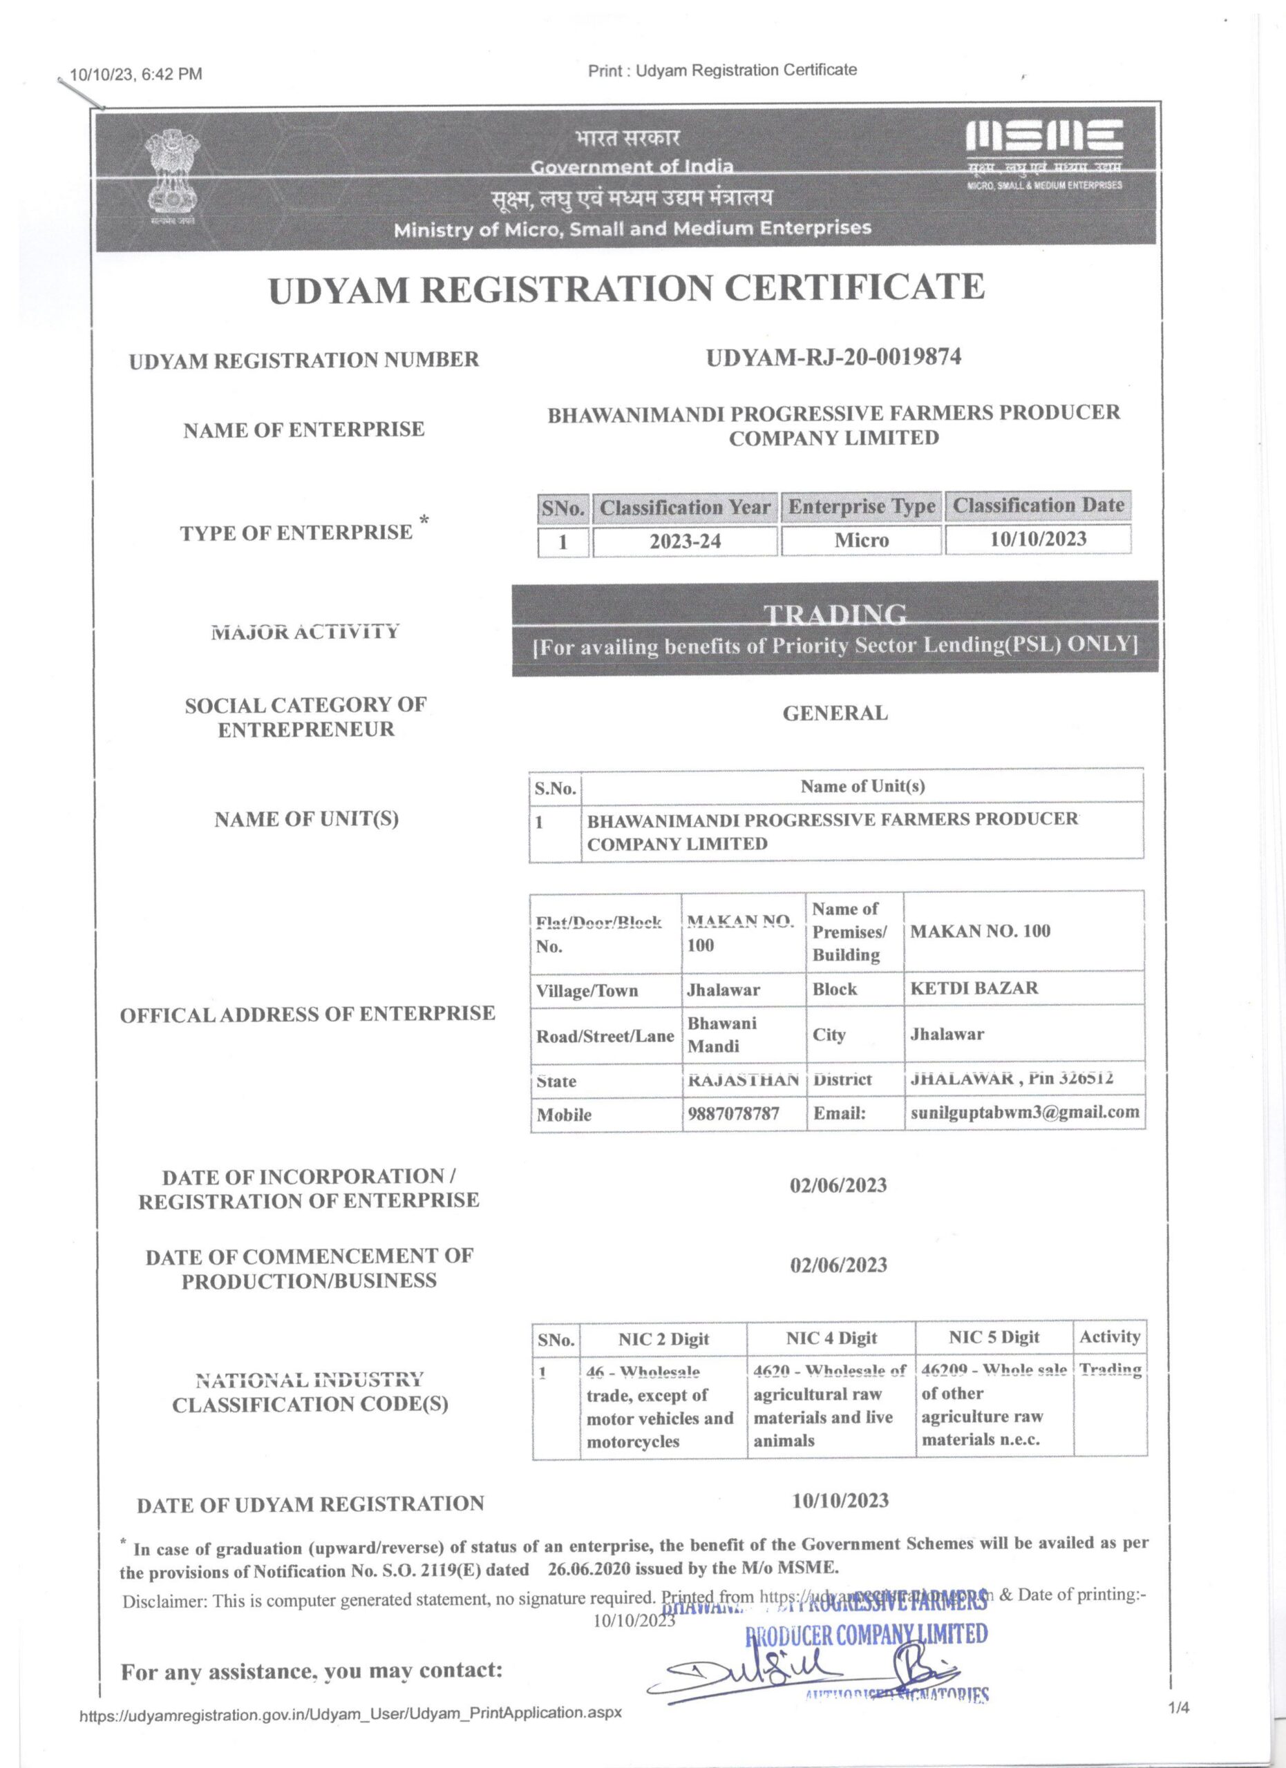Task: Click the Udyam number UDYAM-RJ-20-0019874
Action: click(x=833, y=357)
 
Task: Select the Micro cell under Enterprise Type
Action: click(x=861, y=540)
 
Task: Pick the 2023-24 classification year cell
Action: click(x=685, y=541)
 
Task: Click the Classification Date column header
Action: click(x=1038, y=506)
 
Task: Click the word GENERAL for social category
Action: click(x=835, y=713)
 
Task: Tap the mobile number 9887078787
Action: click(x=733, y=1113)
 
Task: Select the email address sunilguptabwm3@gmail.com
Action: click(x=1025, y=1112)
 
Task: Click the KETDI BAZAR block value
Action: click(x=974, y=988)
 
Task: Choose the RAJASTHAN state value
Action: click(x=742, y=1079)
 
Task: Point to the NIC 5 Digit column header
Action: click(x=994, y=1338)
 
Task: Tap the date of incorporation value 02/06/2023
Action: click(x=838, y=1186)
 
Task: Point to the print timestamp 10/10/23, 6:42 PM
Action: click(x=135, y=75)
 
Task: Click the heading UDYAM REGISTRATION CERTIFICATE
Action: click(x=626, y=289)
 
